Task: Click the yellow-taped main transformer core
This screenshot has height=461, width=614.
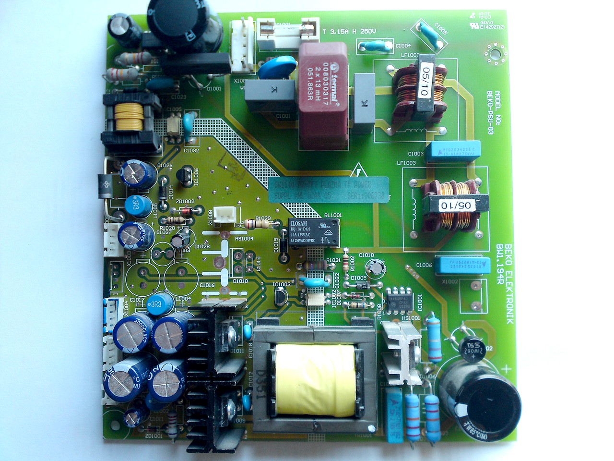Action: click(315, 379)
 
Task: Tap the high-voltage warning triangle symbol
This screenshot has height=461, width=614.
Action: click(357, 171)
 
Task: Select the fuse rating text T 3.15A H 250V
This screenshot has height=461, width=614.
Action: click(349, 31)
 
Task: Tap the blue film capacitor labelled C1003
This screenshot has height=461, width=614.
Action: click(455, 149)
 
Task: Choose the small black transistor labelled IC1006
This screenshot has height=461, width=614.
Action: click(184, 178)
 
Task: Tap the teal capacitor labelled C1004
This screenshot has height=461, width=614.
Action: click(375, 46)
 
